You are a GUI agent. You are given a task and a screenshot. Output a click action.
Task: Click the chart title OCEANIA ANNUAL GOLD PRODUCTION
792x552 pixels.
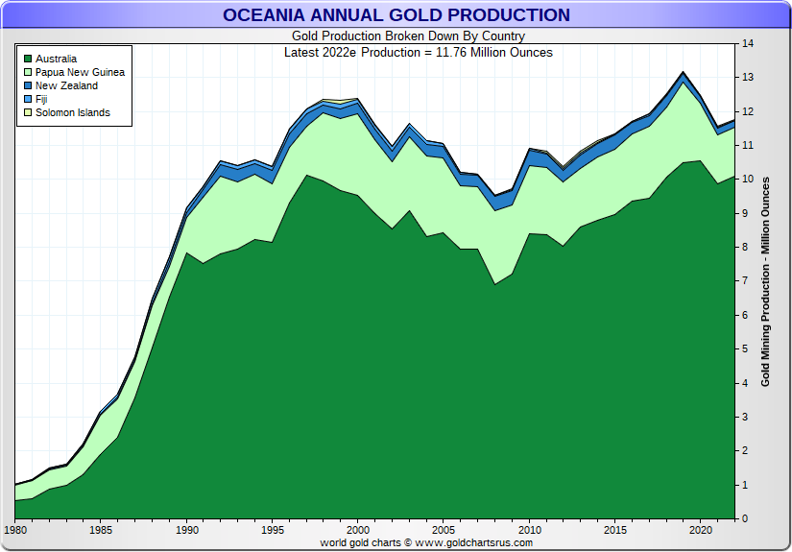point(396,14)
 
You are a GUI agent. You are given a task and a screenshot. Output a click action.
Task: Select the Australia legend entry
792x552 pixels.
point(57,60)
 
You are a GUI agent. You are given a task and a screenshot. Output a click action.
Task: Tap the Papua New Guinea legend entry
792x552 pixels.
point(80,73)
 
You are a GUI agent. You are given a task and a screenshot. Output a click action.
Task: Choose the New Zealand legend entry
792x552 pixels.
point(66,86)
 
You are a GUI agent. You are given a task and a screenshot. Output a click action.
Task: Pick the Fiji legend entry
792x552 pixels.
point(42,100)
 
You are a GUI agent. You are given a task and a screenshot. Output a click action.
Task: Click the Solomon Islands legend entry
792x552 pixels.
point(72,113)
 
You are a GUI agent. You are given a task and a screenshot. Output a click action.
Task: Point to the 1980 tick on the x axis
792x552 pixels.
point(15,530)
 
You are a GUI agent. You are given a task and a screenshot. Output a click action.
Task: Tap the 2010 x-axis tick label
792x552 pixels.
point(528,530)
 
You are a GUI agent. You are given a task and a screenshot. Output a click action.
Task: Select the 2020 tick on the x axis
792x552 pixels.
point(699,530)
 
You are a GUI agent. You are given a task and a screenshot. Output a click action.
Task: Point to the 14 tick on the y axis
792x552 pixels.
point(747,43)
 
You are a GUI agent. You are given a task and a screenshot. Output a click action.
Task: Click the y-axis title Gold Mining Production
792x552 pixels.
point(765,281)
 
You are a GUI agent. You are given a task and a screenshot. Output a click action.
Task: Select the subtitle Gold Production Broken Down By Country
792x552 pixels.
point(395,36)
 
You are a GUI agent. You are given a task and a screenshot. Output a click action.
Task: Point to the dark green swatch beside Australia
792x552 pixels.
point(27,60)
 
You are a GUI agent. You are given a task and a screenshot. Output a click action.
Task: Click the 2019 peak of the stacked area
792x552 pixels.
point(683,73)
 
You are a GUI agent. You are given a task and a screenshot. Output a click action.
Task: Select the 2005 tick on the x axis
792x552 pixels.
point(443,530)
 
